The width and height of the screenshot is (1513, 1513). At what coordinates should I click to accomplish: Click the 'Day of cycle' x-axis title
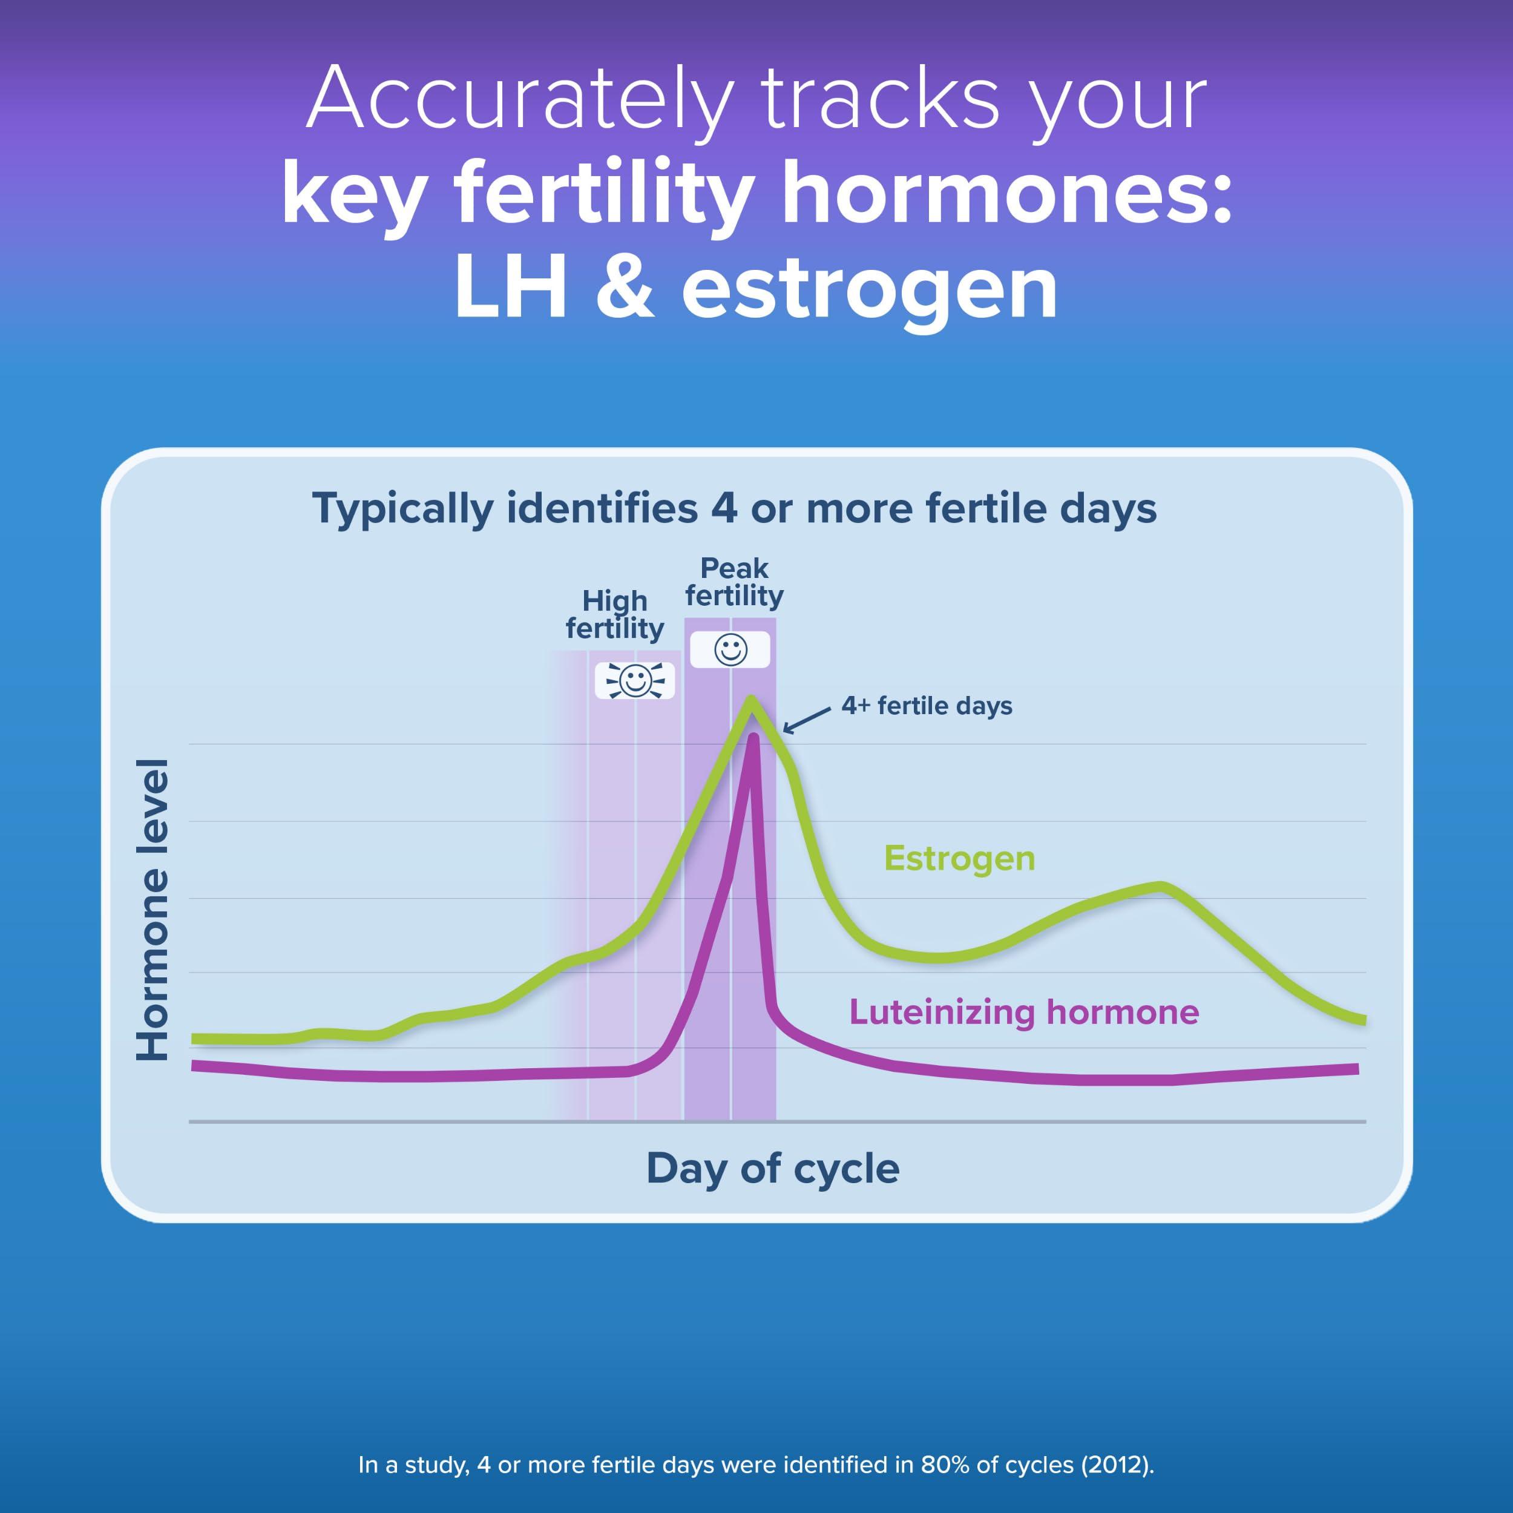coord(773,1169)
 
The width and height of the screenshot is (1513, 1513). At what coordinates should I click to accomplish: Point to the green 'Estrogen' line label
coord(959,858)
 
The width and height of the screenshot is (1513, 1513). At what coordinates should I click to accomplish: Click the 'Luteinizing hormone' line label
coord(1023,1012)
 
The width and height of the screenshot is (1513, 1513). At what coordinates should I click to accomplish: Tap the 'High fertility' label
coord(615,615)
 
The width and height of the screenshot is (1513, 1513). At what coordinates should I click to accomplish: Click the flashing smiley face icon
coord(634,680)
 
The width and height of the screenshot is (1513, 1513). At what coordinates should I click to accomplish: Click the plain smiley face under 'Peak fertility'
coord(730,649)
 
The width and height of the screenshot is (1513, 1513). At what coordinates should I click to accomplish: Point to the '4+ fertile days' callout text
coord(927,706)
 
